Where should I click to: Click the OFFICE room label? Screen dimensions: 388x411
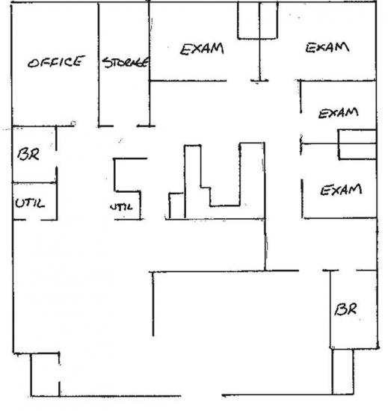56,62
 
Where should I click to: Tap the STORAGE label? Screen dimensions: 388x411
125,62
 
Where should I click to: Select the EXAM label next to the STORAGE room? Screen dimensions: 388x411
202,49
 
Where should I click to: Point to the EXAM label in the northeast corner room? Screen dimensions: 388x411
327,48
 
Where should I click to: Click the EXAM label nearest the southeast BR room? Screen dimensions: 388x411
341,190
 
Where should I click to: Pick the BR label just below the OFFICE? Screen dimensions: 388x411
28,154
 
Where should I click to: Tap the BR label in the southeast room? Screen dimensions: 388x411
345,309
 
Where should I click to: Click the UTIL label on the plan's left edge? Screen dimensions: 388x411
30,203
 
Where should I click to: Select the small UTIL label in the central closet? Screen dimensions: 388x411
121,207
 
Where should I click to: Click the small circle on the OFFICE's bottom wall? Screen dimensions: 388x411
73,123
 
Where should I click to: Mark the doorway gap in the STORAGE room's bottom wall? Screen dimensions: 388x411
126,126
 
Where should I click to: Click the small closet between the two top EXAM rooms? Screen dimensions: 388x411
257,20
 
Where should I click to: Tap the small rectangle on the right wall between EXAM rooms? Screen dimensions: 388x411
357,144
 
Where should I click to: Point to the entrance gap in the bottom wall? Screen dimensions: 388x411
201,395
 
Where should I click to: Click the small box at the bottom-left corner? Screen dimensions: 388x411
45,374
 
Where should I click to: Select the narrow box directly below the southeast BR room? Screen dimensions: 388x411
342,371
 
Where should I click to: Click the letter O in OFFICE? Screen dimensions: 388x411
33,64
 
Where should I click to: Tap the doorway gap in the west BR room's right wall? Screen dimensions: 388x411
56,158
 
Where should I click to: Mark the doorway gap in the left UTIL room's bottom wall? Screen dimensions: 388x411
33,220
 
